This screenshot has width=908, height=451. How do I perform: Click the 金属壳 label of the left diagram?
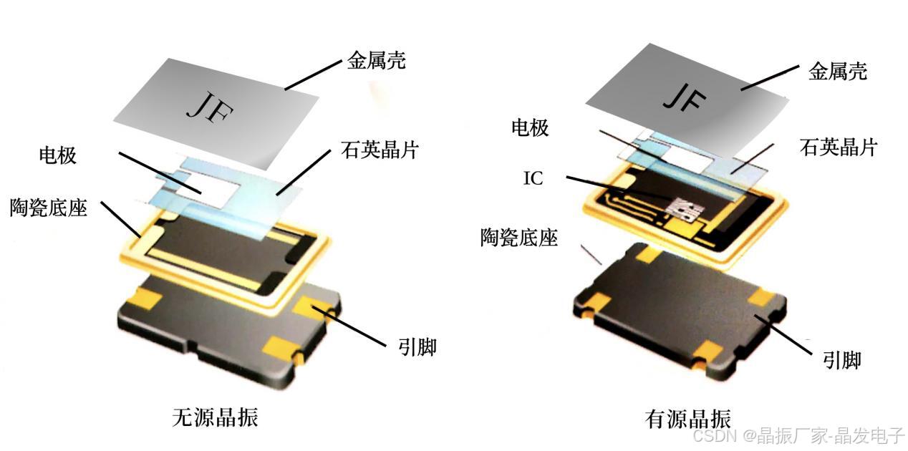(376, 61)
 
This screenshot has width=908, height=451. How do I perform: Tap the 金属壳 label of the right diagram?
(838, 72)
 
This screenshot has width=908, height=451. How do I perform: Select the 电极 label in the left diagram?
(57, 155)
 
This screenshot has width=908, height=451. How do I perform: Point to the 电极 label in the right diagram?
(530, 127)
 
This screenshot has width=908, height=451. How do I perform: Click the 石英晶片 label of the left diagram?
(380, 150)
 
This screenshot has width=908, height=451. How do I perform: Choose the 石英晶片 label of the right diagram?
(839, 147)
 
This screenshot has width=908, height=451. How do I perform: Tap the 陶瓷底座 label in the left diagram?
(49, 208)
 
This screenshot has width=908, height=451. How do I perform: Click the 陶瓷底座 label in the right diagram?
(519, 238)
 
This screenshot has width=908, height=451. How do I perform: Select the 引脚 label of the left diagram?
(417, 347)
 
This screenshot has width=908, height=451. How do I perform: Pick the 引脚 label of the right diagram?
(841, 360)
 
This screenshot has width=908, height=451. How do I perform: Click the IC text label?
(533, 178)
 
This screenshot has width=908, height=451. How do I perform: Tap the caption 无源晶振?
(216, 417)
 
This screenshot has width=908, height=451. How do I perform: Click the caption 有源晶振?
(688, 418)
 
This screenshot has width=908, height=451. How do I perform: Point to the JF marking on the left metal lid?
(210, 107)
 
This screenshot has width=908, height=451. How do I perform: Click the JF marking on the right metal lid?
(685, 97)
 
